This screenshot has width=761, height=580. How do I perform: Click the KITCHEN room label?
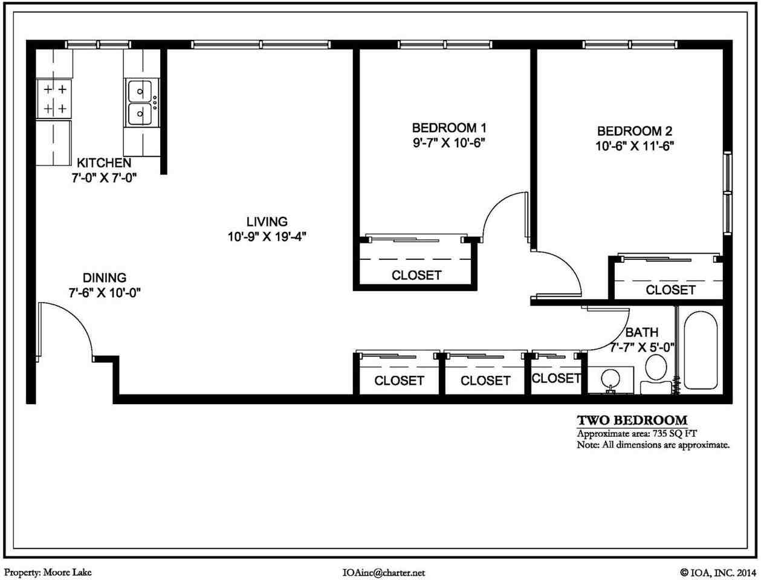click(103, 163)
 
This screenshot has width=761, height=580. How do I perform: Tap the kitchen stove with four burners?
click(54, 99)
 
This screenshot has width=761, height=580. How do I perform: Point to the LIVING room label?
click(267, 222)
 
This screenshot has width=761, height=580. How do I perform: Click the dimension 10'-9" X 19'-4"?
click(267, 237)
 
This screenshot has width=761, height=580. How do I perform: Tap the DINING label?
click(105, 278)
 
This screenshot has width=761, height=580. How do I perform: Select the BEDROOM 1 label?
click(449, 128)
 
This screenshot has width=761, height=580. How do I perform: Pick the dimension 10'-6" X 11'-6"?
click(635, 146)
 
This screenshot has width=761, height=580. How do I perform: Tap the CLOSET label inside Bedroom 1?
click(416, 275)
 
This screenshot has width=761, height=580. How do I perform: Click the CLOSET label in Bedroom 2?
click(670, 290)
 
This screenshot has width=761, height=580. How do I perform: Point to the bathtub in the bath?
click(700, 350)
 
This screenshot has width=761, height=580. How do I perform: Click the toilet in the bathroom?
click(655, 372)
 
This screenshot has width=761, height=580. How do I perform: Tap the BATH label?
click(641, 332)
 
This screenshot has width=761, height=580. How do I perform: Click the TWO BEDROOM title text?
click(632, 420)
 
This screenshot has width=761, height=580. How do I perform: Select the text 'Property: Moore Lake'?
click(48, 572)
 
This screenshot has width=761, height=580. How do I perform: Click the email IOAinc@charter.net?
click(383, 572)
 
